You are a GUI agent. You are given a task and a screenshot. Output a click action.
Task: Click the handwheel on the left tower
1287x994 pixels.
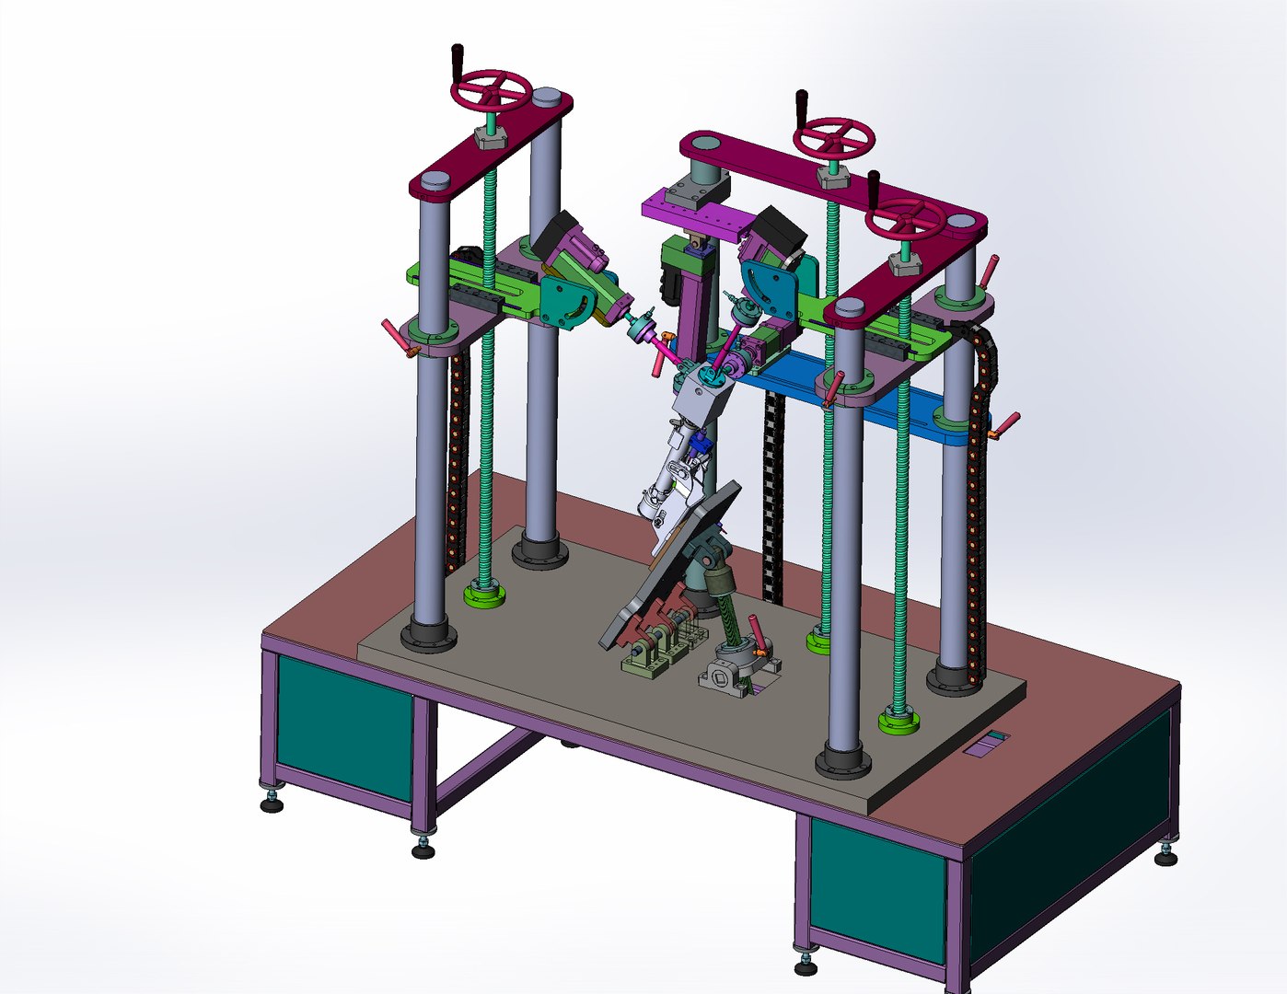(492, 92)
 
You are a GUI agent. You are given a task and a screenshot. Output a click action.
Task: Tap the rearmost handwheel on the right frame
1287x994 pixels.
(834, 138)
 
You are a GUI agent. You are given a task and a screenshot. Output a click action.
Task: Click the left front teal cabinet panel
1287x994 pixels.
(343, 726)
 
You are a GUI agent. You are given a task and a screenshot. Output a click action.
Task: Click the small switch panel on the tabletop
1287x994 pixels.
(985, 743)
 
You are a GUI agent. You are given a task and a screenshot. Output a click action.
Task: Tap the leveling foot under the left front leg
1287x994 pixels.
(271, 804)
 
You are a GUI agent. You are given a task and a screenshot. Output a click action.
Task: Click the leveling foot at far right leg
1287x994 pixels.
(1165, 858)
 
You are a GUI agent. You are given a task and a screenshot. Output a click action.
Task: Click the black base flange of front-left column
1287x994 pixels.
(428, 635)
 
